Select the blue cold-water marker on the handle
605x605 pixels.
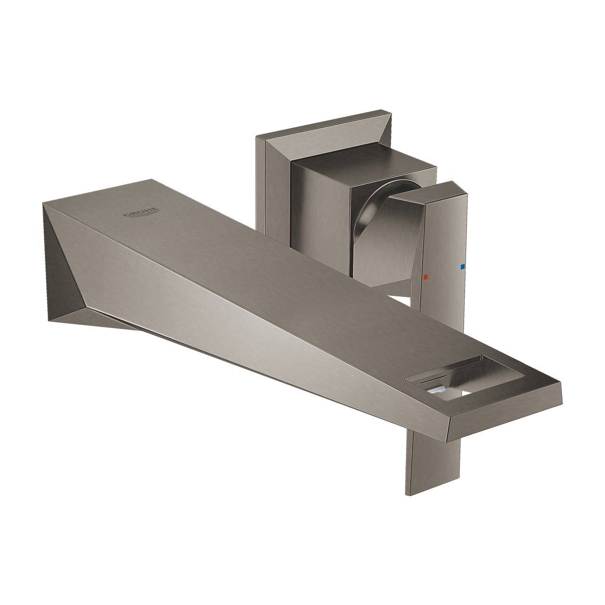pyautogui.click(x=462, y=267)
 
